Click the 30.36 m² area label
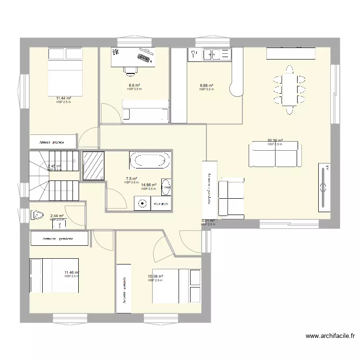(x=275, y=141)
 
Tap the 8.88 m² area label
(x=206, y=86)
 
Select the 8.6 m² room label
(x=134, y=86)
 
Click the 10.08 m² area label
(x=156, y=276)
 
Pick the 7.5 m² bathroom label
(x=131, y=179)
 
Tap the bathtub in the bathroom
(x=149, y=160)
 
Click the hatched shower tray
(x=94, y=165)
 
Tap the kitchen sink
(x=211, y=55)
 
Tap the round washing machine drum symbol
(x=143, y=204)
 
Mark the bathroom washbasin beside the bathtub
(x=166, y=187)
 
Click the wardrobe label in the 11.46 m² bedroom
(x=59, y=239)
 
